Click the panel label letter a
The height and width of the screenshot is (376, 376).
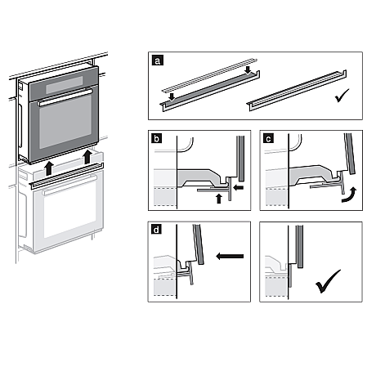point(156,60)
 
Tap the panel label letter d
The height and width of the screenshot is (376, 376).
point(155,230)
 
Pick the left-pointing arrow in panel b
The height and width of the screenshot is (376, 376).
point(238,186)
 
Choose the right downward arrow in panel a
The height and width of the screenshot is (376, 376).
point(247,72)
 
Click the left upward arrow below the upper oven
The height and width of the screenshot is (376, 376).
point(50,168)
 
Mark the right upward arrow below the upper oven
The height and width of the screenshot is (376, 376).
point(87,156)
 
